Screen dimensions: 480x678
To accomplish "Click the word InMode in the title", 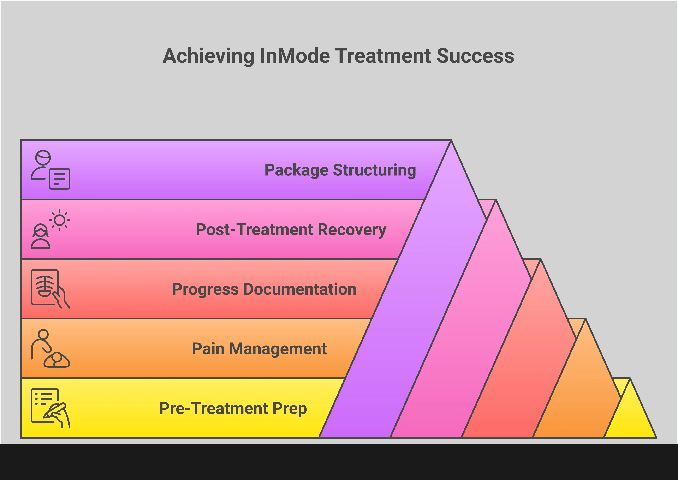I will click(x=295, y=56).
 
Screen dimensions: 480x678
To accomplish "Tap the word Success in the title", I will click(x=475, y=56).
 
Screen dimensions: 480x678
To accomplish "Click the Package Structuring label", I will click(x=340, y=170).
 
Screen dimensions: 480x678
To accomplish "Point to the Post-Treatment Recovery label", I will click(x=291, y=230).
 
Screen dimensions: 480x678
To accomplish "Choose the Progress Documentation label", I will click(x=264, y=289).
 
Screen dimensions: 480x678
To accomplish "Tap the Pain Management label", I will click(x=259, y=349).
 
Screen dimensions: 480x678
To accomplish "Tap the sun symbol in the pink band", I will click(x=59, y=220).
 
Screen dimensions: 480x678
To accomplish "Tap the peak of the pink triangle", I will click(x=495, y=201).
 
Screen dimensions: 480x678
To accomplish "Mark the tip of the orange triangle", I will click(x=585, y=320).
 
